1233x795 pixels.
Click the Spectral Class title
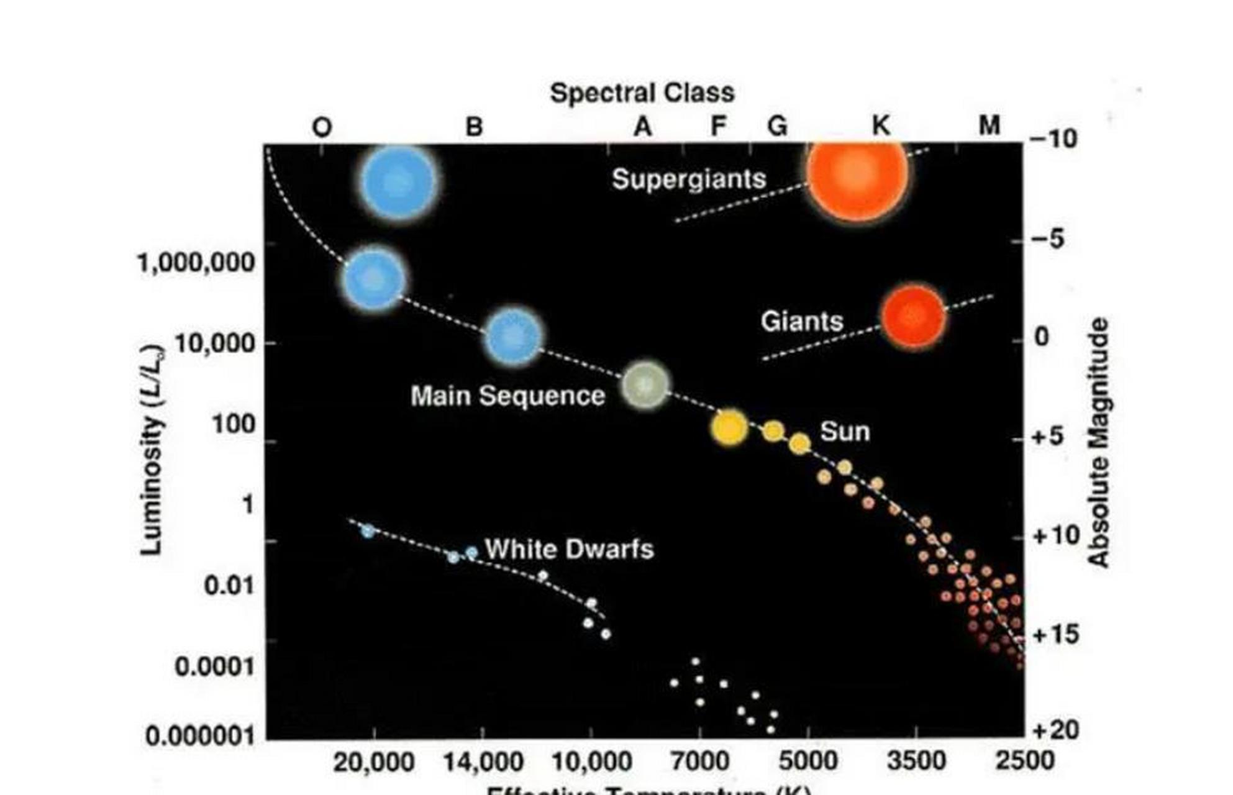pos(642,93)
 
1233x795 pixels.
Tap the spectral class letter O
pos(322,127)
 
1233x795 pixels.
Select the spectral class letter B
pos(474,127)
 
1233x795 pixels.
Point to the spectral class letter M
pos(990,126)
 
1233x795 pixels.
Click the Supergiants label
pos(689,179)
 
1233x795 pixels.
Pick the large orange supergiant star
pos(857,174)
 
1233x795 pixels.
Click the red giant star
pos(913,316)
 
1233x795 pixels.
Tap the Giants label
pos(802,322)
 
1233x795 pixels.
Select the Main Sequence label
pos(507,396)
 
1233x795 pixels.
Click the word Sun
pos(845,432)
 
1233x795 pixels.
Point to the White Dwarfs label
pos(569,550)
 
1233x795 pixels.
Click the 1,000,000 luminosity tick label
pos(196,263)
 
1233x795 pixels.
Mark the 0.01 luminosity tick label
pos(229,586)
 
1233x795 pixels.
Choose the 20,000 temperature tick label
pos(373,762)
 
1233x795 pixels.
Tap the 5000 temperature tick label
pos(808,761)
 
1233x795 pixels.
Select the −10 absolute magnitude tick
pos(1053,139)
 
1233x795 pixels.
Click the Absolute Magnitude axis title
pos(1099,442)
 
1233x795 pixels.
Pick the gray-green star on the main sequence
pos(646,385)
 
